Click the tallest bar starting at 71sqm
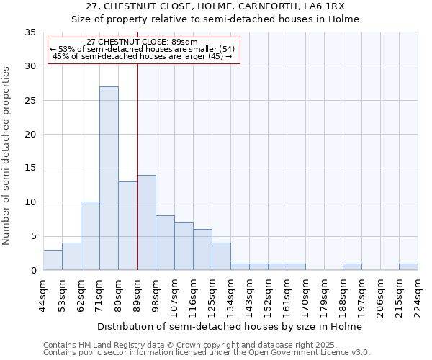pos(109,179)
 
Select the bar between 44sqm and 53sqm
pos(53,260)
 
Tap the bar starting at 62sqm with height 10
pos(90,236)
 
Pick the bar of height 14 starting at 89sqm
pos(146,222)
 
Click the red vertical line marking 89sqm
pos(137,166)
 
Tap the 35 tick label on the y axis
pos(30,32)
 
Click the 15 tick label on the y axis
pos(30,168)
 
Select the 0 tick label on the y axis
pos(33,271)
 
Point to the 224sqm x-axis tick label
pos(418,295)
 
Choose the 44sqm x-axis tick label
pos(43,295)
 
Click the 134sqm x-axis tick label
pos(230,295)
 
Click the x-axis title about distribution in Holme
pos(230,326)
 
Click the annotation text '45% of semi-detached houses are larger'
pos(143,56)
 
